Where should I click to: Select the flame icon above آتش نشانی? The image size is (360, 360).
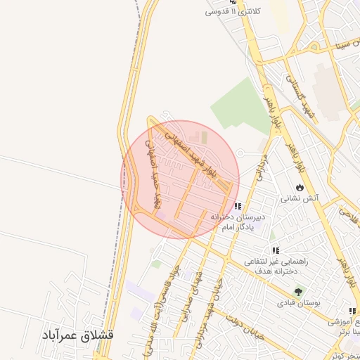pos(300,188)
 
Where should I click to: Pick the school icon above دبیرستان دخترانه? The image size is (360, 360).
pos(238,207)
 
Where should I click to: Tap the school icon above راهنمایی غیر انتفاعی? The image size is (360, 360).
pos(276,250)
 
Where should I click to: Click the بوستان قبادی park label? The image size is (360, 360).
pos(298,303)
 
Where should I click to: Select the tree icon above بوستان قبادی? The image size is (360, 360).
pos(300,291)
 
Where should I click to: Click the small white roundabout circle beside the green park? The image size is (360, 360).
pos(240,153)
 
